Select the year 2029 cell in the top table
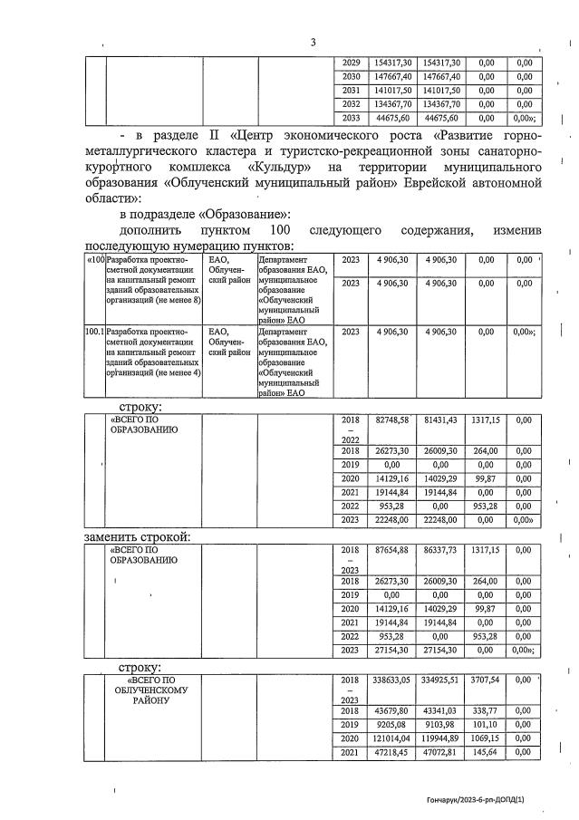(352, 63)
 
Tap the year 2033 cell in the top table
(352, 117)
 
